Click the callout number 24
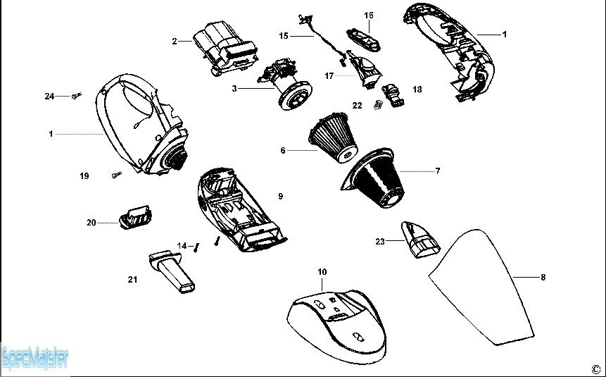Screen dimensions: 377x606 pyautogui.click(x=49, y=96)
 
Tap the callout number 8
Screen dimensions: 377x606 pyautogui.click(x=543, y=278)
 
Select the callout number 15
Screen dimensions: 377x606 pyautogui.click(x=284, y=35)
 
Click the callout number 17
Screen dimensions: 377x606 pyautogui.click(x=329, y=75)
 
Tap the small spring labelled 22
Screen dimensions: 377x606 pyautogui.click(x=377, y=105)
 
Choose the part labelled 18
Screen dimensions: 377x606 pyautogui.click(x=393, y=94)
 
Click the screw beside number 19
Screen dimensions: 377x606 pyautogui.click(x=116, y=173)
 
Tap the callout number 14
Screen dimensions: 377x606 pyautogui.click(x=182, y=246)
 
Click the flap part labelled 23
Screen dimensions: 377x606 pyautogui.click(x=419, y=240)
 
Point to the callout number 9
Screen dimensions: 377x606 pyautogui.click(x=280, y=197)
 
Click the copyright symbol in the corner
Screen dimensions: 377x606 pyautogui.click(x=595, y=368)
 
